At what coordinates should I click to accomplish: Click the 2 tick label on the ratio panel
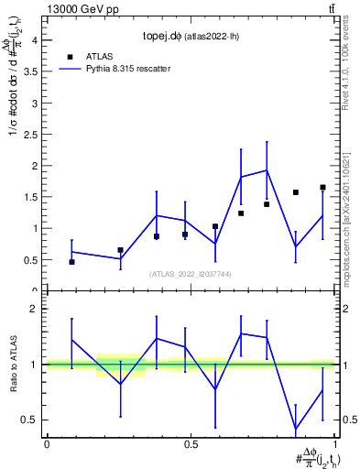coord(36,310)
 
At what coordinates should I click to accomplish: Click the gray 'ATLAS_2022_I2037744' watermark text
coord(191,274)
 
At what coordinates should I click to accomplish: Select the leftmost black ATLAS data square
coord(71,262)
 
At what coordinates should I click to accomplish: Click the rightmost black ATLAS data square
coord(322,187)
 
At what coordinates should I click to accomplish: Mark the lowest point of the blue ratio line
coord(296,429)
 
